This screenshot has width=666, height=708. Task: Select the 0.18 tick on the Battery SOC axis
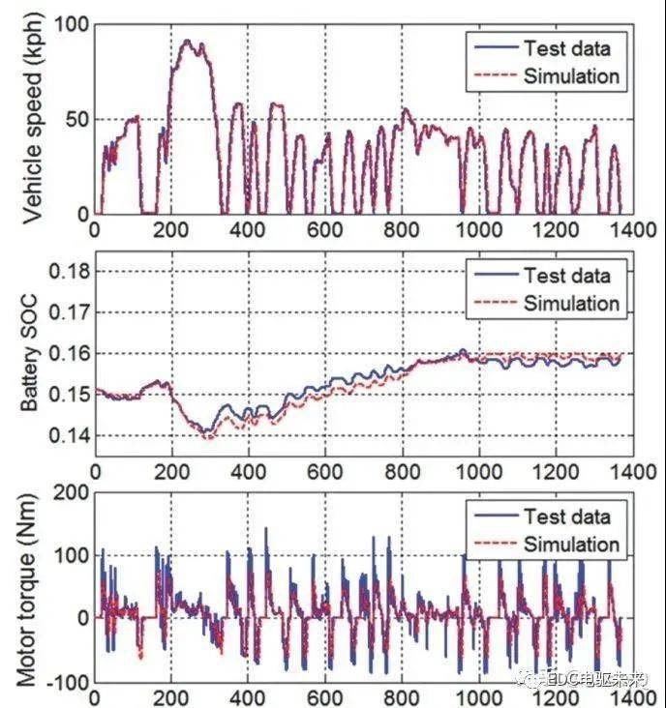point(65,273)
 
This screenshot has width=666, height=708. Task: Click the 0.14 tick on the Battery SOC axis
point(65,436)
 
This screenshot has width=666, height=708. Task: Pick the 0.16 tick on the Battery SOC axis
point(65,354)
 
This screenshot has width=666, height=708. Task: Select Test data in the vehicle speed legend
point(567,47)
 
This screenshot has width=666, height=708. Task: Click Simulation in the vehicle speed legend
point(571,75)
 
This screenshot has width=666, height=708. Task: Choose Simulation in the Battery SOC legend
point(571,303)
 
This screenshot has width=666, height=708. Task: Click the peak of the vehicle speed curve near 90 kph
point(188,42)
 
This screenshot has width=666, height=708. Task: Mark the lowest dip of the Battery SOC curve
point(205,437)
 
